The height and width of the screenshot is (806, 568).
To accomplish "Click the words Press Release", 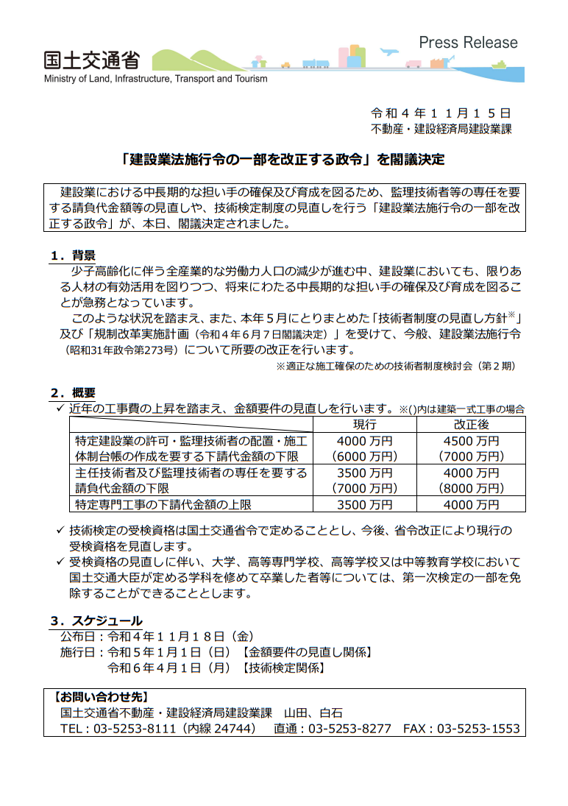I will (468, 43).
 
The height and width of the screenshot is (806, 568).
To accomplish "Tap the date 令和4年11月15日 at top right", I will (440, 113).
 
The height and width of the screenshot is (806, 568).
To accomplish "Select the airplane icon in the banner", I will (388, 52).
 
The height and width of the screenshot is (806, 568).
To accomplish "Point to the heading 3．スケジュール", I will (96, 621).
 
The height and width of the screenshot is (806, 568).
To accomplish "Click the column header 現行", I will (364, 425).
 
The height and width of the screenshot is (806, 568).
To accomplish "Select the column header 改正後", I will (472, 425).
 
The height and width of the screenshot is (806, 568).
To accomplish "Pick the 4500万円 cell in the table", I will (472, 441).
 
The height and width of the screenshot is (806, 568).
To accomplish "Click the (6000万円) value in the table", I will (364, 456).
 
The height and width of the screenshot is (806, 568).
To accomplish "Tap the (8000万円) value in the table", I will (472, 488).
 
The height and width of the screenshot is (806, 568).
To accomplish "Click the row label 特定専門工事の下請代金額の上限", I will (164, 504).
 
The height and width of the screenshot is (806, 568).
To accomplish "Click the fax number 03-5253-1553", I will (478, 729).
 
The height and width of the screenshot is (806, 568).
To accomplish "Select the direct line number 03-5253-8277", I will (349, 729).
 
